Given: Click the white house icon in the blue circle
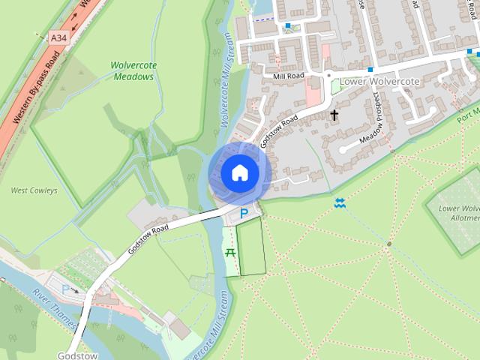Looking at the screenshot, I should click(239, 172).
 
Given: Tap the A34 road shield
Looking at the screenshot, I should click(58, 37).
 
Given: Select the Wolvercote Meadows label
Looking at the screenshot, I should click(133, 70).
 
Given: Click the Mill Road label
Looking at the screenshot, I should click(289, 76).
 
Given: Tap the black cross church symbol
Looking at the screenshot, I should click(334, 115).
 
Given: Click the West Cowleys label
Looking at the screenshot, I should click(34, 190).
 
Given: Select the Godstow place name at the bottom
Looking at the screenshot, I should click(76, 355).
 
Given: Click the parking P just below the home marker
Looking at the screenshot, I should click(243, 215).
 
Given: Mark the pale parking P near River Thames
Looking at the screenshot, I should click(65, 288).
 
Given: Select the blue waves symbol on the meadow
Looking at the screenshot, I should click(340, 203).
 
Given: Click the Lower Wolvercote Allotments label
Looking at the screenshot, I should click(459, 213).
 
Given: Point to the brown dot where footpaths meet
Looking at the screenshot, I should click(388, 244).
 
